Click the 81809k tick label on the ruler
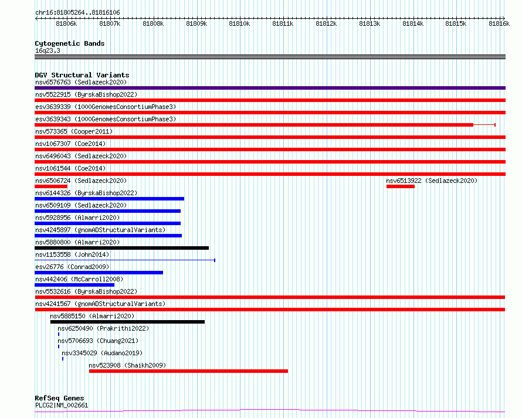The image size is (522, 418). pyautogui.click(x=196, y=23)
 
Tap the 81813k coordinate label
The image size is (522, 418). pyautogui.click(x=370, y=23)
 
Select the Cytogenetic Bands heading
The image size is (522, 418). pyautogui.click(x=70, y=43)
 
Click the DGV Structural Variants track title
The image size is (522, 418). pyautogui.click(x=82, y=75)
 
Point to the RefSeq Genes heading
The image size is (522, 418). pyautogui.click(x=59, y=398)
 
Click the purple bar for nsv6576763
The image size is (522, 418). pyautogui.click(x=270, y=88)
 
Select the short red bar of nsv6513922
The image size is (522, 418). pyautogui.click(x=401, y=186)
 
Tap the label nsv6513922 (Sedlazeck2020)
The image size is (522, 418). pyautogui.click(x=432, y=181)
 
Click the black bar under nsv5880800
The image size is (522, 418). pyautogui.click(x=122, y=248)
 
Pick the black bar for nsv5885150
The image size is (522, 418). pyautogui.click(x=127, y=322)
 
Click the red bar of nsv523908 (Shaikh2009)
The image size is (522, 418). pyautogui.click(x=188, y=371)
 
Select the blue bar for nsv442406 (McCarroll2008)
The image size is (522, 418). pyautogui.click(x=74, y=285)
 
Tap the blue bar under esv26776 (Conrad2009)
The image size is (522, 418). pyautogui.click(x=99, y=273)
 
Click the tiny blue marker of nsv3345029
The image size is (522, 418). pyautogui.click(x=63, y=359)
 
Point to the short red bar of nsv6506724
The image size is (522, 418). pyautogui.click(x=51, y=186)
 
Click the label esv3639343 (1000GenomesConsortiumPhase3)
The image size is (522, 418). pyautogui.click(x=106, y=119)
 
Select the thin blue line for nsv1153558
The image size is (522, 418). pyautogui.click(x=125, y=260)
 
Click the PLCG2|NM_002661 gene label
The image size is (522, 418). pyautogui.click(x=62, y=405)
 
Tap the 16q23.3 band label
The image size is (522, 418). pyautogui.click(x=48, y=50)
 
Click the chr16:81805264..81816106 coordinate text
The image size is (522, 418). pyautogui.click(x=77, y=12)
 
